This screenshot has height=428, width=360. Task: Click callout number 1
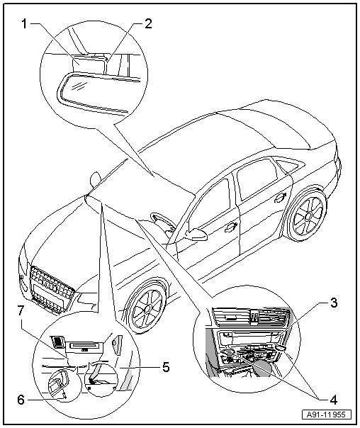[25, 24]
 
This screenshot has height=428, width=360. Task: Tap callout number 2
[147, 24]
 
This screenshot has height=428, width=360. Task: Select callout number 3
[334, 303]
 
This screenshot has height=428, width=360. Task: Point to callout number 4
[334, 400]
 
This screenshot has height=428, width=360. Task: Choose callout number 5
[166, 367]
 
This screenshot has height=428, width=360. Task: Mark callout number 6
[21, 400]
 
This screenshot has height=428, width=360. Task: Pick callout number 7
[21, 310]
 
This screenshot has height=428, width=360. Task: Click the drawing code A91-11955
[327, 415]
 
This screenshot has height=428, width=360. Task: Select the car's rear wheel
[307, 215]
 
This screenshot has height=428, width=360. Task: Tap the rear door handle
[281, 198]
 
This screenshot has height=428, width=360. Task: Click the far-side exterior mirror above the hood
[95, 179]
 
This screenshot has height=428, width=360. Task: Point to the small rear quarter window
[288, 166]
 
